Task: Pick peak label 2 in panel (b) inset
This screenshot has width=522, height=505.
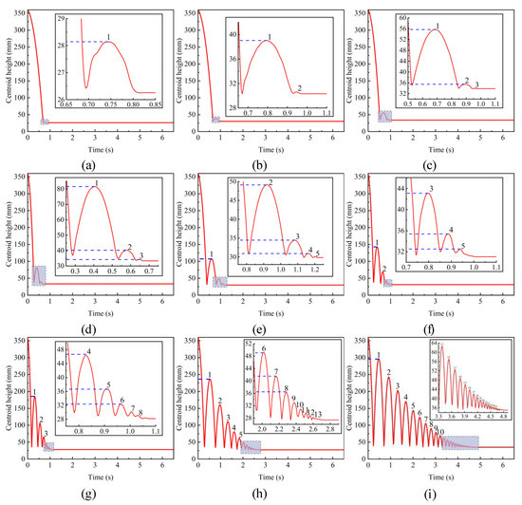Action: click(300, 88)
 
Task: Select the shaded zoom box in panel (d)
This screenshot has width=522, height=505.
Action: click(39, 274)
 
